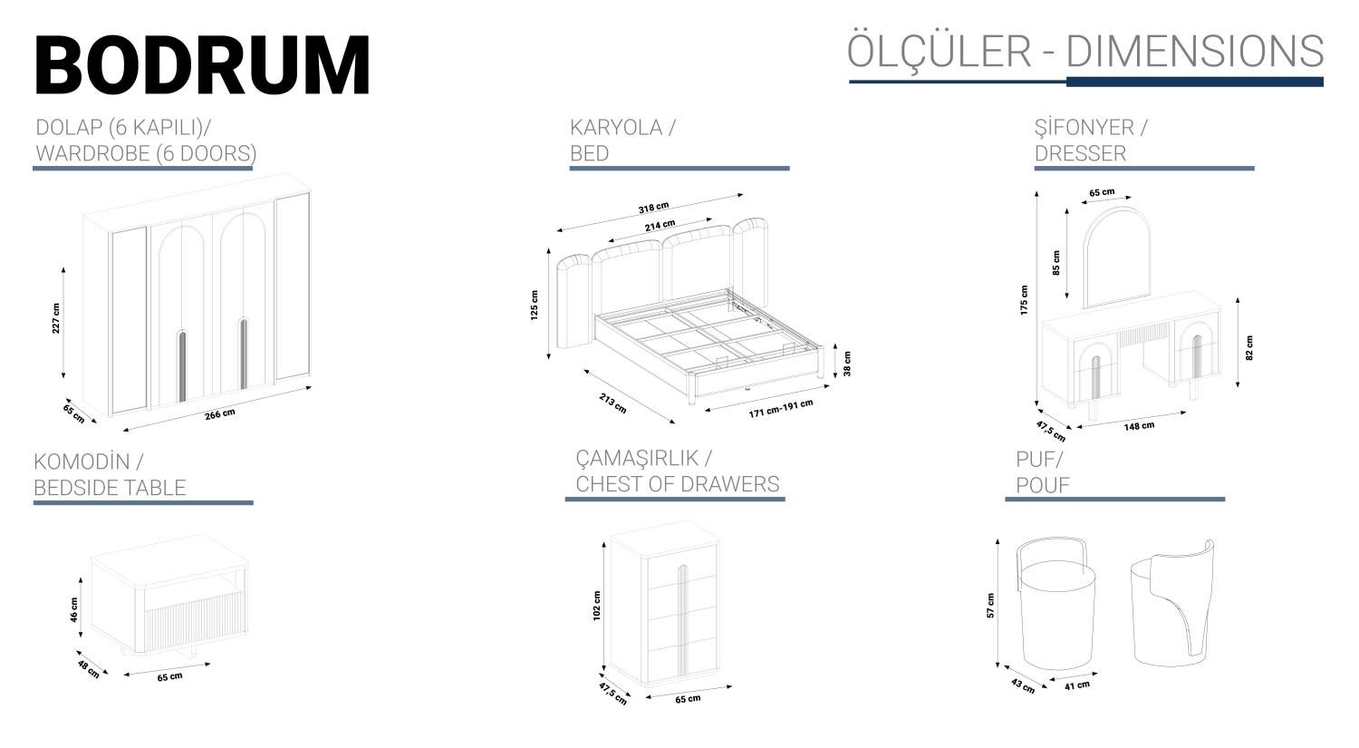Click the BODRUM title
[203, 64]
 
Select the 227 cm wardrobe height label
[56, 318]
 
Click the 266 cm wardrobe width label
[219, 414]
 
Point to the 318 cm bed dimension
[653, 208]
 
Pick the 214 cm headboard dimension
[660, 225]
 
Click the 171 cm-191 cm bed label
[781, 409]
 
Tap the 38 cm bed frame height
[847, 363]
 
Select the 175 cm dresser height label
[1024, 300]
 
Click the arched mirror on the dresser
[1117, 257]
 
